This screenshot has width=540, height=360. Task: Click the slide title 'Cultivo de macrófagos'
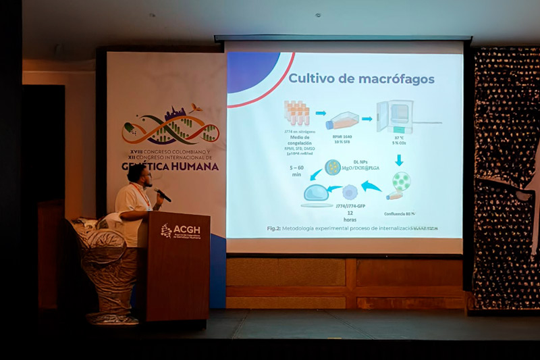(x=361, y=78)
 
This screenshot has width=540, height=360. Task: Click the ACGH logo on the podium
(x=180, y=231)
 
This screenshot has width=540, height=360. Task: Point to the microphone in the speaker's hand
(x=163, y=195)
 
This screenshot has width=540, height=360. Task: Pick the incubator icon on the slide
(x=395, y=116)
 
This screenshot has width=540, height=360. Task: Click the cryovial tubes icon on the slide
(x=296, y=113)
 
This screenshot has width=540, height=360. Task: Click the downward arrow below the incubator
(x=398, y=160)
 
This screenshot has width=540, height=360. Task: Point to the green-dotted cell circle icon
(x=401, y=180)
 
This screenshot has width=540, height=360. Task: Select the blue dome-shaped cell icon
(x=316, y=193)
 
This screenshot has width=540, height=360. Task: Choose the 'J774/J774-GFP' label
(x=350, y=206)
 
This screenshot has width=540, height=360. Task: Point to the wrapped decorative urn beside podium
(x=108, y=263)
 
